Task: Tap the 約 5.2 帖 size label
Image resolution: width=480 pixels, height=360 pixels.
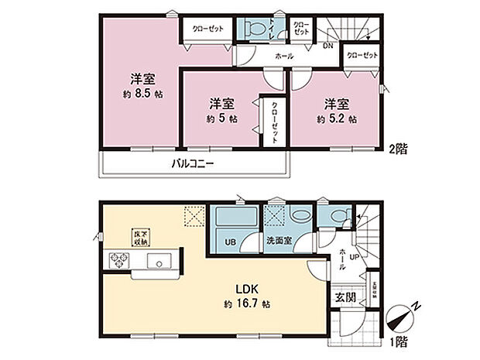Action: coord(336,119)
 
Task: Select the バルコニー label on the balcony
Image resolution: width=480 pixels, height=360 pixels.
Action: coord(192,164)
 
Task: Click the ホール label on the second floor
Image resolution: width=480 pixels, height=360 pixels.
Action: coord(283,57)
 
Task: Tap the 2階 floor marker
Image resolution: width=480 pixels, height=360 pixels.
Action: coord(399,149)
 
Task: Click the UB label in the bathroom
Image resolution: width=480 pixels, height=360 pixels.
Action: coord(229,242)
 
